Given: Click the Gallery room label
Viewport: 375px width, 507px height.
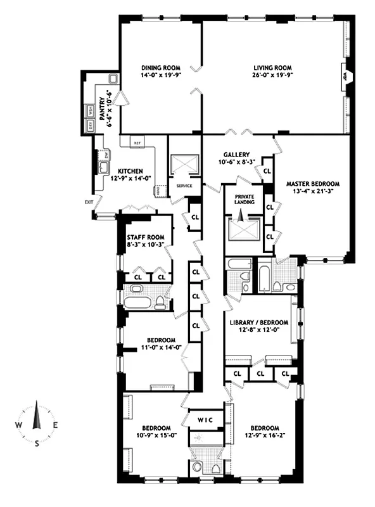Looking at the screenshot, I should point(236,155).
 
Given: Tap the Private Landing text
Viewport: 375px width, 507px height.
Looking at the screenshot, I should point(244,198).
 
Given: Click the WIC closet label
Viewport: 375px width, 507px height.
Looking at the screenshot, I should point(205,420).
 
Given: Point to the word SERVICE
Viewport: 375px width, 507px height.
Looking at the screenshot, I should point(184,186).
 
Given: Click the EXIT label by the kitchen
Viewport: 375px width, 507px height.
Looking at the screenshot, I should point(87,202).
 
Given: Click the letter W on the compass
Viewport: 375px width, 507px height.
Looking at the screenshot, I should point(19,425).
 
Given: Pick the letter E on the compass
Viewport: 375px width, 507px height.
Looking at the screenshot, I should point(55,425).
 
